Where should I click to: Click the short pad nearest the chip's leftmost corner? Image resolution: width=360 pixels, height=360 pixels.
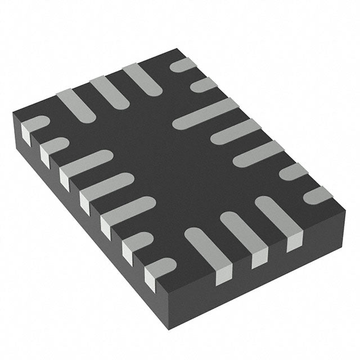35,124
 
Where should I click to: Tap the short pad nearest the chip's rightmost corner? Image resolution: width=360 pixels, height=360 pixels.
318,195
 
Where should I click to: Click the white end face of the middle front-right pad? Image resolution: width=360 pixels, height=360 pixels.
259,259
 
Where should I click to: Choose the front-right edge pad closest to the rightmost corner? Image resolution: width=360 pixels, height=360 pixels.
279,216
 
